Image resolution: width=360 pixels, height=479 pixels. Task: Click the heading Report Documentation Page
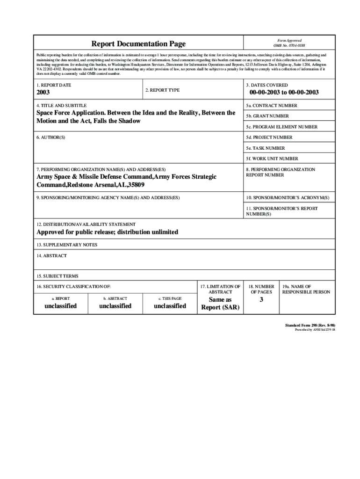pyautogui.click(x=138, y=44)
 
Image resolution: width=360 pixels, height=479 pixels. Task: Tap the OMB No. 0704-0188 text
pyautogui.click(x=289, y=46)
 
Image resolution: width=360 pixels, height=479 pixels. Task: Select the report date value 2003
pyautogui.click(x=43, y=93)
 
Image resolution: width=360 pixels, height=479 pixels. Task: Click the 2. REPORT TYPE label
pyautogui.click(x=162, y=90)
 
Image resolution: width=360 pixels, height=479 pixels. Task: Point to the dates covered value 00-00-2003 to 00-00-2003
pyautogui.click(x=281, y=93)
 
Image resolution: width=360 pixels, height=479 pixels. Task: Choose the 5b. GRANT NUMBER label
pyautogui.click(x=268, y=116)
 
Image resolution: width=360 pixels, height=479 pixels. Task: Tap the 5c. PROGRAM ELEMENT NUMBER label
pyautogui.click(x=282, y=127)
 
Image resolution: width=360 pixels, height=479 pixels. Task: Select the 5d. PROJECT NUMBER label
pyautogui.click(x=269, y=138)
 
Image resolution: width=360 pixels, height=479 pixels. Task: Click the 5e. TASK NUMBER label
pyautogui.click(x=266, y=148)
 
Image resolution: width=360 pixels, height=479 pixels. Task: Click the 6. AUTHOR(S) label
pyautogui.click(x=51, y=138)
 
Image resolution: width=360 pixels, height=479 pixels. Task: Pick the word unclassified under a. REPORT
pyautogui.click(x=57, y=306)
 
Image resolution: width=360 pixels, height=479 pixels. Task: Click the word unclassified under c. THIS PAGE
pyautogui.click(x=170, y=306)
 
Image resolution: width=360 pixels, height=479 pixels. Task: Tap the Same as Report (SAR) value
pyautogui.click(x=220, y=304)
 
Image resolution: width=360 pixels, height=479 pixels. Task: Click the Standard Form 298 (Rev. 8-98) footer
pyautogui.click(x=310, y=325)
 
